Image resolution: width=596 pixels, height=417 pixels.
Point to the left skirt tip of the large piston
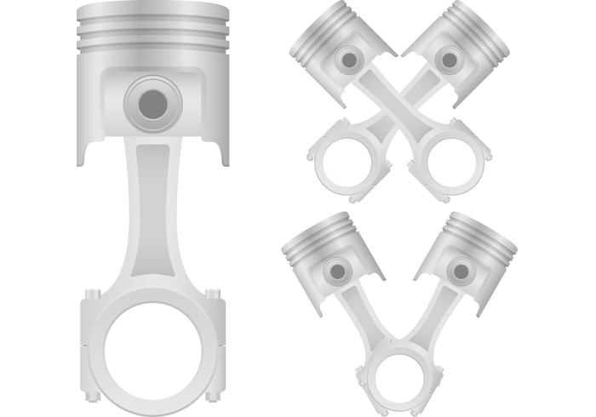tap(84, 157)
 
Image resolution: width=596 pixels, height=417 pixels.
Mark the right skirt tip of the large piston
tap(224, 157)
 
